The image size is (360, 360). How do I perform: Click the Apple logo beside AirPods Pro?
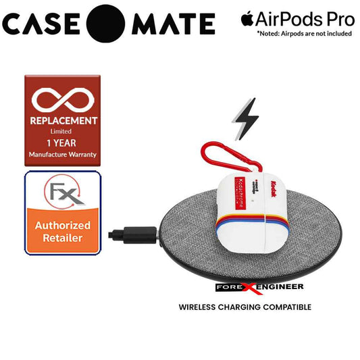point(249,20)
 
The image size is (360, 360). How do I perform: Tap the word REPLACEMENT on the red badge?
point(62,120)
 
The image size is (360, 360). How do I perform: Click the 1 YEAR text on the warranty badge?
point(62,143)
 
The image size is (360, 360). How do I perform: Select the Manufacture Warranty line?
point(62,155)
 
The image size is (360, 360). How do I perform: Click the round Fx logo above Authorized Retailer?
point(62,194)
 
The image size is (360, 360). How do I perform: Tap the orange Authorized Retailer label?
point(62,232)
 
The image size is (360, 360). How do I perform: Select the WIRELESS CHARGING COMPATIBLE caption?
point(245,307)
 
